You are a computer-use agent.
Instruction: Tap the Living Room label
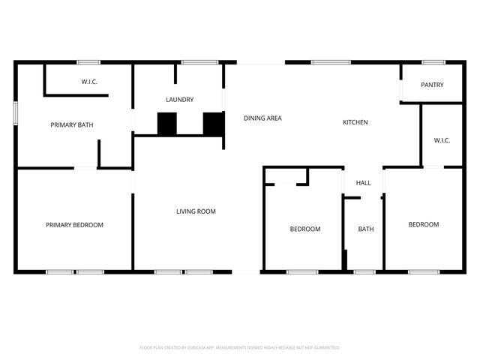pyautogui.click(x=196, y=211)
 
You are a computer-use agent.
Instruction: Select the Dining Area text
pyautogui.click(x=262, y=118)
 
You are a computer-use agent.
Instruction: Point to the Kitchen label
pyautogui.click(x=355, y=122)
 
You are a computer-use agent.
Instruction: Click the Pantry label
pyautogui.click(x=432, y=85)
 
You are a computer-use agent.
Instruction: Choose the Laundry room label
pyautogui.click(x=180, y=99)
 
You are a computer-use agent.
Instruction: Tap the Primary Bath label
pyautogui.click(x=71, y=124)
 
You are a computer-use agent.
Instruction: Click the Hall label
pyautogui.click(x=364, y=183)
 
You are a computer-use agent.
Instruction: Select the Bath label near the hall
pyautogui.click(x=365, y=229)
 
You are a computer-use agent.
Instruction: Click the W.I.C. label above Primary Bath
pyautogui.click(x=90, y=82)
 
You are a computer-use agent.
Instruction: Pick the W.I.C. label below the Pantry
pyautogui.click(x=442, y=140)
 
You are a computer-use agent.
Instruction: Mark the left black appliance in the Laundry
pyautogui.click(x=166, y=124)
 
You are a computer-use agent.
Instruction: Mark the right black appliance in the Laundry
pyautogui.click(x=214, y=124)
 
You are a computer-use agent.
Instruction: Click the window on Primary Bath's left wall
pyautogui.click(x=15, y=112)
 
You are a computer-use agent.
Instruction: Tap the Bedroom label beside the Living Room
pyautogui.click(x=305, y=229)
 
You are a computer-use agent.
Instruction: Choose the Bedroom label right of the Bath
pyautogui.click(x=424, y=225)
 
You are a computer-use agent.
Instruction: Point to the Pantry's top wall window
pyautogui.click(x=433, y=62)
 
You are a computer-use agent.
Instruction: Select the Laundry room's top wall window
pyautogui.click(x=194, y=62)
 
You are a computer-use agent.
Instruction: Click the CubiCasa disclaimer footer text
pyautogui.click(x=240, y=348)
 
